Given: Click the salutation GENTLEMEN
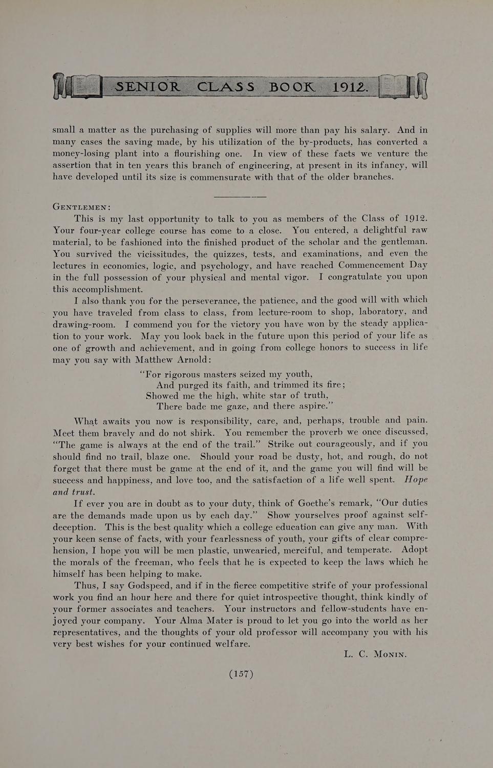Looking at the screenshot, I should [80, 208].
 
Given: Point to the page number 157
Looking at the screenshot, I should [241, 674].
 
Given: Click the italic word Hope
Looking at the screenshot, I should [416, 480].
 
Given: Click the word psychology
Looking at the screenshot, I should [224, 266].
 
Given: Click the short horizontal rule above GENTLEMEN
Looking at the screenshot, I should [240, 196].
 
